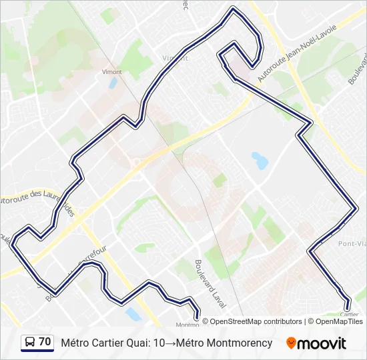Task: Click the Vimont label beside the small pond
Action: click(111, 71)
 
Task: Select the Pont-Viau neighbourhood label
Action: click(352, 244)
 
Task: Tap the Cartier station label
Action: click(349, 315)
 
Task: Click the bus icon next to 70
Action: click(30, 343)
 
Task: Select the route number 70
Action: click(45, 342)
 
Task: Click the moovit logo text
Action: click(322, 343)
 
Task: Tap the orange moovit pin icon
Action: click(291, 343)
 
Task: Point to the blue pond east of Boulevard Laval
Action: click(259, 160)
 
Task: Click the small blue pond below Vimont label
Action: click(112, 83)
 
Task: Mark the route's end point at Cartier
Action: click(346, 307)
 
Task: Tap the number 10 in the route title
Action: click(159, 343)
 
